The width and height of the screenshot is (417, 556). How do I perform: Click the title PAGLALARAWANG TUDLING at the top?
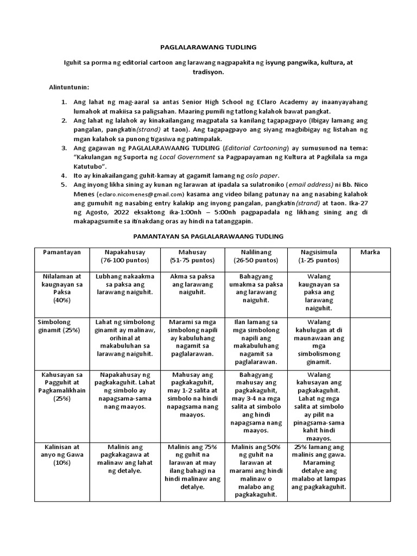click(207, 47)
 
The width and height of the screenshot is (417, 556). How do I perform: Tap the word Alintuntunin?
click(69, 87)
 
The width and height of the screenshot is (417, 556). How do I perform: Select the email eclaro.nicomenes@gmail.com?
click(142, 194)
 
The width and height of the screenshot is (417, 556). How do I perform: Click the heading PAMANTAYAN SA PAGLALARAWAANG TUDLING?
click(208, 237)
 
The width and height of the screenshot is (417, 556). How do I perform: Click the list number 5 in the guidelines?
click(64, 185)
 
